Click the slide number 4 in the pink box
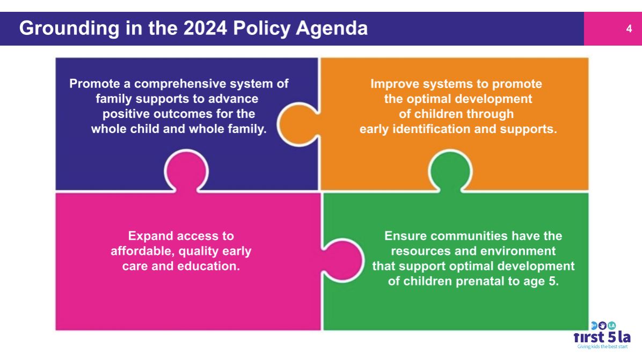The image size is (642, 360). pyautogui.click(x=629, y=28)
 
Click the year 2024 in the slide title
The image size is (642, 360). pyautogui.click(x=205, y=28)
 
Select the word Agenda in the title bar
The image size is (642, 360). pyautogui.click(x=332, y=28)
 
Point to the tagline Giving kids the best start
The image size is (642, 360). pyautogui.click(x=602, y=347)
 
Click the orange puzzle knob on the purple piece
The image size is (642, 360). pyautogui.click(x=298, y=124)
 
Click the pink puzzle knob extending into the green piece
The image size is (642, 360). pyautogui.click(x=342, y=260)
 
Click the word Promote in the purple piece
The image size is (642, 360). pyautogui.click(x=94, y=84)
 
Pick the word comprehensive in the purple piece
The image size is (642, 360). pyautogui.click(x=180, y=84)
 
